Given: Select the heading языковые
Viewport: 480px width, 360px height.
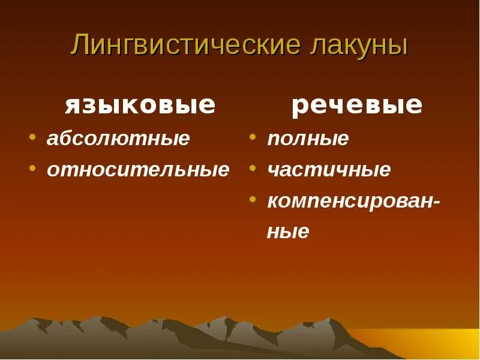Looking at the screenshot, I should (x=140, y=106).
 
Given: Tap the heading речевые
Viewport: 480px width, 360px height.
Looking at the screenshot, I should (x=357, y=106).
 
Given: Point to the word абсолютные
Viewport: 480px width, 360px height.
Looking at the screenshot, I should (x=118, y=139).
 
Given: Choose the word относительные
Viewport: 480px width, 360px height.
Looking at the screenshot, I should (x=138, y=170).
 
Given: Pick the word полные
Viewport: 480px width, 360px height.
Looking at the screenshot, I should (x=308, y=139).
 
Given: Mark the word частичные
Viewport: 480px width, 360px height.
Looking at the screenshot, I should (x=329, y=170).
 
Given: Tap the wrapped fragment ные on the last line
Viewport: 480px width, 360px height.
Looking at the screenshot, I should (x=288, y=232).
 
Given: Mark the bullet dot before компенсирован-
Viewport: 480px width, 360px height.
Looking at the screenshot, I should (x=254, y=199).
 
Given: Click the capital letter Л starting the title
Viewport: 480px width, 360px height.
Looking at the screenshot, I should (x=79, y=47).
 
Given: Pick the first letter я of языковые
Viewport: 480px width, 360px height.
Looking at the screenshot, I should (x=72, y=107).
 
